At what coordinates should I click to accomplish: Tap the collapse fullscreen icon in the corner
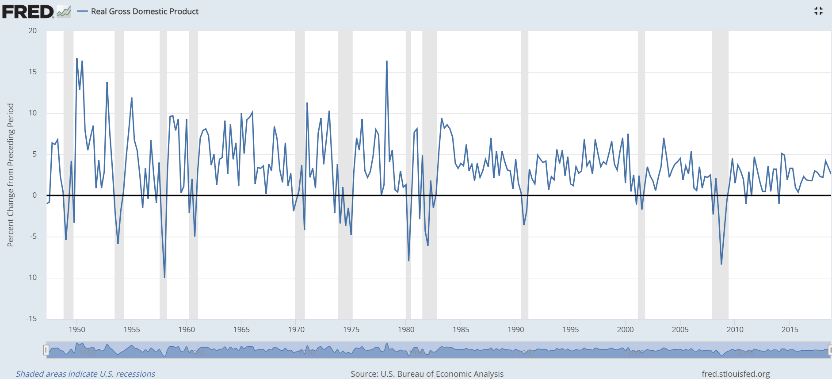pyautogui.click(x=818, y=11)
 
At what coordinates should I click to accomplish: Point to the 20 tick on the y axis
pyautogui.click(x=32, y=31)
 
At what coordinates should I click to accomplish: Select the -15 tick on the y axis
pyautogui.click(x=31, y=318)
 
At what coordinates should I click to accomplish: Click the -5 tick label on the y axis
pyautogui.click(x=33, y=236)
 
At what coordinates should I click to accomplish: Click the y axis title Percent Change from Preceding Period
pyautogui.click(x=11, y=175)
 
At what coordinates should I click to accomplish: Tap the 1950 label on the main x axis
pyautogui.click(x=77, y=329)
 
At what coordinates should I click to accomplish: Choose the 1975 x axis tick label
pyautogui.click(x=351, y=329)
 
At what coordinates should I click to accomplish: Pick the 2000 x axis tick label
pyautogui.click(x=625, y=329)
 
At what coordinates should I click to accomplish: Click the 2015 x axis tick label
pyautogui.click(x=790, y=329)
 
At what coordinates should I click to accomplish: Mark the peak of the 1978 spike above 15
pyautogui.click(x=387, y=61)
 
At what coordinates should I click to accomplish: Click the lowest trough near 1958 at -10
pyautogui.click(x=164, y=277)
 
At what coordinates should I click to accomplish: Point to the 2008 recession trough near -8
pyautogui.click(x=721, y=264)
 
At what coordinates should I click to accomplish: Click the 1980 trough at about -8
pyautogui.click(x=408, y=260)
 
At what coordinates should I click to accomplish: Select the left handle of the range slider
pyautogui.click(x=46, y=350)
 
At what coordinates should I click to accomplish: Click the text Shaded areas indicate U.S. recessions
pyautogui.click(x=85, y=374)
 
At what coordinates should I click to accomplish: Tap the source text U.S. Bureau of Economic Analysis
pyautogui.click(x=427, y=374)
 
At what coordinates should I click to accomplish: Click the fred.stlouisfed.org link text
pyautogui.click(x=736, y=374)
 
